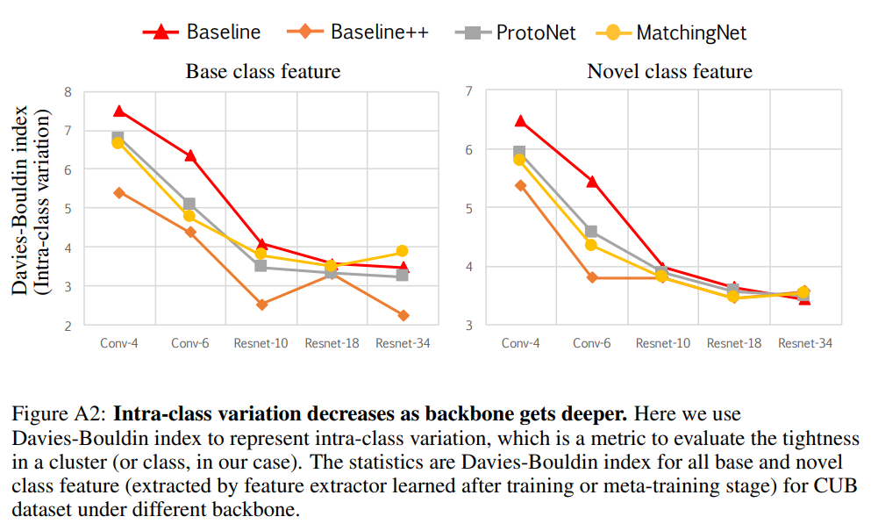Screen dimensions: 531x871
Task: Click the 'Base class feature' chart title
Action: (263, 71)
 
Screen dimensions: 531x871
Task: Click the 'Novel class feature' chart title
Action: (669, 71)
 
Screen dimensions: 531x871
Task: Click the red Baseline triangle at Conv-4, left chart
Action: (118, 111)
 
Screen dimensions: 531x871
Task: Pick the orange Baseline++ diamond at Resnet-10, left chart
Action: (261, 305)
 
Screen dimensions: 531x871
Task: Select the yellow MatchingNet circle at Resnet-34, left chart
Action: (402, 251)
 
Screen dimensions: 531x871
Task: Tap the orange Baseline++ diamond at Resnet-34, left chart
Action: (402, 315)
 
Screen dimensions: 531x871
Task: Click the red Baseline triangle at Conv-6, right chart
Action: (591, 182)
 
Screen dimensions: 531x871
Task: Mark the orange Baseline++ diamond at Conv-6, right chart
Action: (591, 277)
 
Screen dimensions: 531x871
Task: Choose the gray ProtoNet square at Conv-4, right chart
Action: (519, 152)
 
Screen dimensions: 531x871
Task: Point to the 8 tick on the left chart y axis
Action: (68, 91)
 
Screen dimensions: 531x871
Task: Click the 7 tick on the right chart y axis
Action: (469, 91)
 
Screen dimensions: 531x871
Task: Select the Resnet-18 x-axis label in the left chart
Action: (332, 343)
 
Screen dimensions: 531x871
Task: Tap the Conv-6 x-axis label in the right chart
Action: (591, 343)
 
